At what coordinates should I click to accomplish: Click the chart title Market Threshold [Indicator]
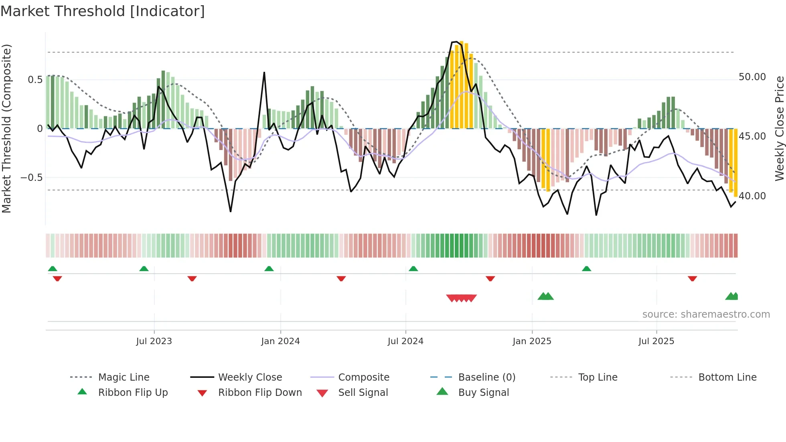click(x=103, y=11)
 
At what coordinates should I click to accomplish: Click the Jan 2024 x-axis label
click(x=280, y=341)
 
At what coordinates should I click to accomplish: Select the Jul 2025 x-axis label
click(x=656, y=341)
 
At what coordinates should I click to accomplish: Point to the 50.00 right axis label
click(x=752, y=77)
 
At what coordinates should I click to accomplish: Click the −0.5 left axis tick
click(x=32, y=178)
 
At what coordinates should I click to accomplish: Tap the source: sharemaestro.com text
click(x=706, y=314)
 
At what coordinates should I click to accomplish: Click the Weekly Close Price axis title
click(x=779, y=128)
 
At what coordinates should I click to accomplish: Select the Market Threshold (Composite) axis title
click(x=6, y=128)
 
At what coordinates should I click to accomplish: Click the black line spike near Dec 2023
click(x=264, y=73)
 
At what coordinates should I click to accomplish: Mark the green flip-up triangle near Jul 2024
click(x=413, y=269)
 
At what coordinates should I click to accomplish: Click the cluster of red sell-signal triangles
click(x=461, y=298)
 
